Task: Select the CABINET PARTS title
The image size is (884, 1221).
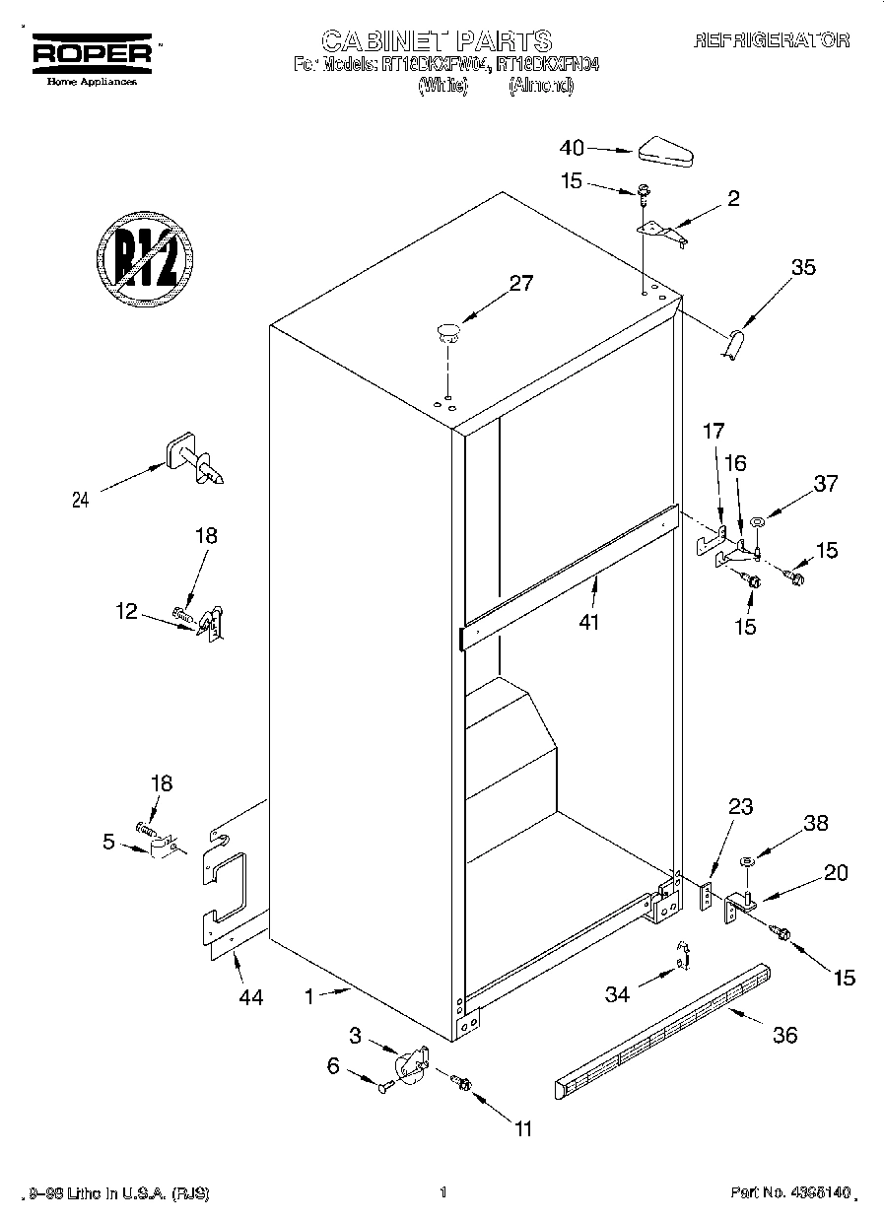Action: (437, 40)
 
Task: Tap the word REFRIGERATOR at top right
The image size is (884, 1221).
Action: (772, 40)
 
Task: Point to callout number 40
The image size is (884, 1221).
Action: (572, 148)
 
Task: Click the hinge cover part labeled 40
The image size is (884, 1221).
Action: (667, 152)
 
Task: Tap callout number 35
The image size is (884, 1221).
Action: (803, 266)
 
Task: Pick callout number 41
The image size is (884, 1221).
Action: (588, 622)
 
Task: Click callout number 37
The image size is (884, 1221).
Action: (826, 483)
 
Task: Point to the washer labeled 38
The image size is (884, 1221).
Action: (747, 862)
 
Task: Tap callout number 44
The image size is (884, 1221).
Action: (250, 997)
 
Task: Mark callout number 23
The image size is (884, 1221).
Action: (740, 807)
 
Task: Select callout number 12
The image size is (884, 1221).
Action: (126, 611)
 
